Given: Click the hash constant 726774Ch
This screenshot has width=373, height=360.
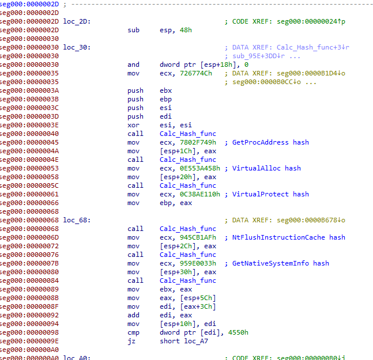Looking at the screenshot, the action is click(x=196, y=73).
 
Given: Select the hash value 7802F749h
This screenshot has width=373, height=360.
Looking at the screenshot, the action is click(x=198, y=142).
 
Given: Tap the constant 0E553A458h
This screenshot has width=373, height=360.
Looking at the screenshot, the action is click(x=200, y=168).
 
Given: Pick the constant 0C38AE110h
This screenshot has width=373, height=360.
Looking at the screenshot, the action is click(x=200, y=194).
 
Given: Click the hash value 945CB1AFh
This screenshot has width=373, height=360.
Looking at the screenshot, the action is click(x=198, y=237).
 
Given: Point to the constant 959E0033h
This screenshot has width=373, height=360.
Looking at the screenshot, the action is click(x=198, y=263).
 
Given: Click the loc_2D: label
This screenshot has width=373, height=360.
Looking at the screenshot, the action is click(x=77, y=22).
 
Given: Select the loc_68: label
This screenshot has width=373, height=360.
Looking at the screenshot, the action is click(x=77, y=220).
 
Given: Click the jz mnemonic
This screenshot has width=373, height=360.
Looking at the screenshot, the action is click(x=131, y=341).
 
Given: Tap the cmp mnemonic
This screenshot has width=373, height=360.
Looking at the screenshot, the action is click(x=133, y=333).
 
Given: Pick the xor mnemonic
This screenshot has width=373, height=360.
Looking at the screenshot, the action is click(x=133, y=125).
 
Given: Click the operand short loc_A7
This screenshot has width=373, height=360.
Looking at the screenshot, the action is click(x=184, y=341).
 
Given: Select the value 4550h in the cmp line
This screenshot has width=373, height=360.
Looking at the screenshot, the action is click(x=238, y=332).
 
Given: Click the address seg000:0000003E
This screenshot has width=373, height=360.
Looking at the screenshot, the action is click(x=29, y=125).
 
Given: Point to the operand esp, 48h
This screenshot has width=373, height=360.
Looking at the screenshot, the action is click(x=176, y=30).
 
